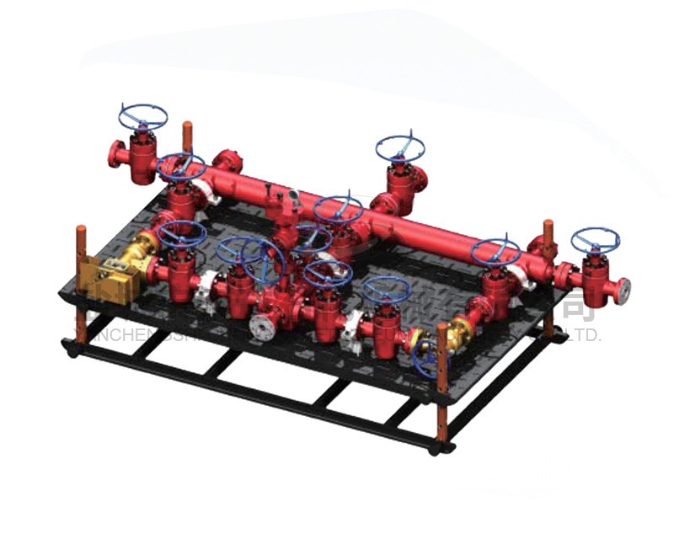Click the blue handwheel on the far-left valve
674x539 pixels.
142,116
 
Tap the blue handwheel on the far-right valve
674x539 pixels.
596,241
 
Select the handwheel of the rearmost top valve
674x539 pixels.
400,148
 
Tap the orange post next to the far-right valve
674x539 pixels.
548,240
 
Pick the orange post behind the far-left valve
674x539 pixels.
187,136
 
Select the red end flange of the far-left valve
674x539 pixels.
115,154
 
